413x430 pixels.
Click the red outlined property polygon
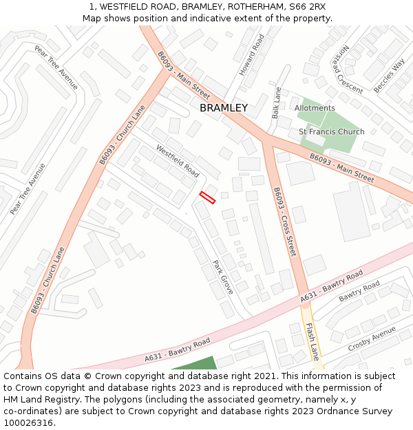(207, 197)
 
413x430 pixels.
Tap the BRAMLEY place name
(223, 108)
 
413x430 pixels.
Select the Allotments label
(315, 108)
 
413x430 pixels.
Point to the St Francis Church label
(331, 131)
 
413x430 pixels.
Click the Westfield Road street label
(177, 160)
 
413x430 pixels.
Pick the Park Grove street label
(223, 277)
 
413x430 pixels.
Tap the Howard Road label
(251, 54)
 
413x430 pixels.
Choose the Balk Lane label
(277, 103)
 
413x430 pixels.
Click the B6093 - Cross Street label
(284, 222)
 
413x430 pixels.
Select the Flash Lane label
(313, 341)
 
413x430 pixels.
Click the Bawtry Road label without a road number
(359, 290)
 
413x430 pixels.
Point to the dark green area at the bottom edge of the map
(195, 364)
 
